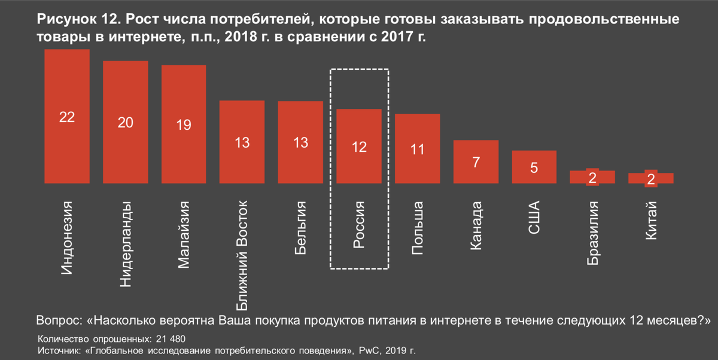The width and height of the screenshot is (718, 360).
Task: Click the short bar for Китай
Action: click(651, 178)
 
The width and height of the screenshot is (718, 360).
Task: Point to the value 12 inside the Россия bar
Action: click(359, 147)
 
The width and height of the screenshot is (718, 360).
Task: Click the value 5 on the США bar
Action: click(534, 168)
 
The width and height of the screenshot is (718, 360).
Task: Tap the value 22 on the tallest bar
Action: click(66, 117)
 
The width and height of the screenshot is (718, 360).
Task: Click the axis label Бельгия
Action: click(301, 229)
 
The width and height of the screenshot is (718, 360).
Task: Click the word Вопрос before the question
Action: click(60, 320)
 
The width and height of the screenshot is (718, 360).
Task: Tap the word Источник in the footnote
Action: click(57, 350)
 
